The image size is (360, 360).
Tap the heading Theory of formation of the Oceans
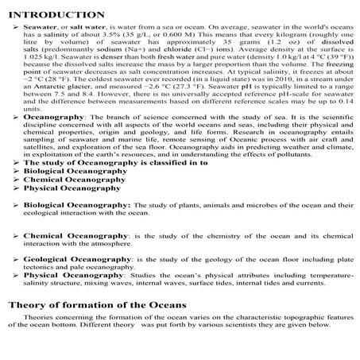(x=97, y=306)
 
